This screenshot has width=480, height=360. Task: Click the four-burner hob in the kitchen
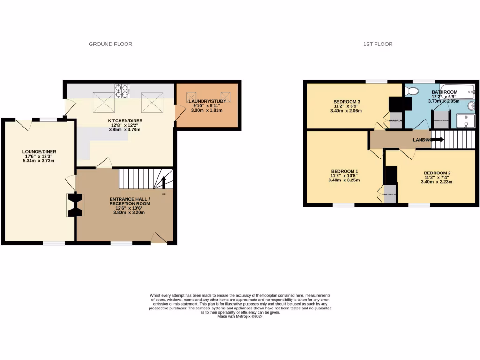pyautogui.click(x=122, y=91)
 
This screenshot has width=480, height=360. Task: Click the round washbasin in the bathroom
pyautogui.click(x=471, y=107)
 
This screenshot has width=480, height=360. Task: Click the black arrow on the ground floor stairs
pyautogui.click(x=164, y=182)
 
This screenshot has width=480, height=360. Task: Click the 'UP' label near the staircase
pyautogui.click(x=164, y=194)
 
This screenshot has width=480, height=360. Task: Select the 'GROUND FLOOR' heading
pyautogui.click(x=111, y=44)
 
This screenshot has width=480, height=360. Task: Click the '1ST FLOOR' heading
pyautogui.click(x=378, y=44)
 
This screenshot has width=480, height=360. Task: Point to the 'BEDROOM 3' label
pyautogui.click(x=347, y=102)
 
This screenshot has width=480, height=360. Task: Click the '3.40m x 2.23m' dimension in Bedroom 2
pyautogui.click(x=436, y=182)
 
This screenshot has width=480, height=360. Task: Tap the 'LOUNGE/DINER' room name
pyautogui.click(x=39, y=151)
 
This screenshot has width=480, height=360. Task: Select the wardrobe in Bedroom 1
pyautogui.click(x=390, y=194)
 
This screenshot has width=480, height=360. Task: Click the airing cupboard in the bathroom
pyautogui.click(x=441, y=120)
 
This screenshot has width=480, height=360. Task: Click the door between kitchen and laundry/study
pyautogui.click(x=179, y=112)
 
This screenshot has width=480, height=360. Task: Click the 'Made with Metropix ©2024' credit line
pyautogui.click(x=240, y=316)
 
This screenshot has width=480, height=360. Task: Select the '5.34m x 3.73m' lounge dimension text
pyautogui.click(x=39, y=161)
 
